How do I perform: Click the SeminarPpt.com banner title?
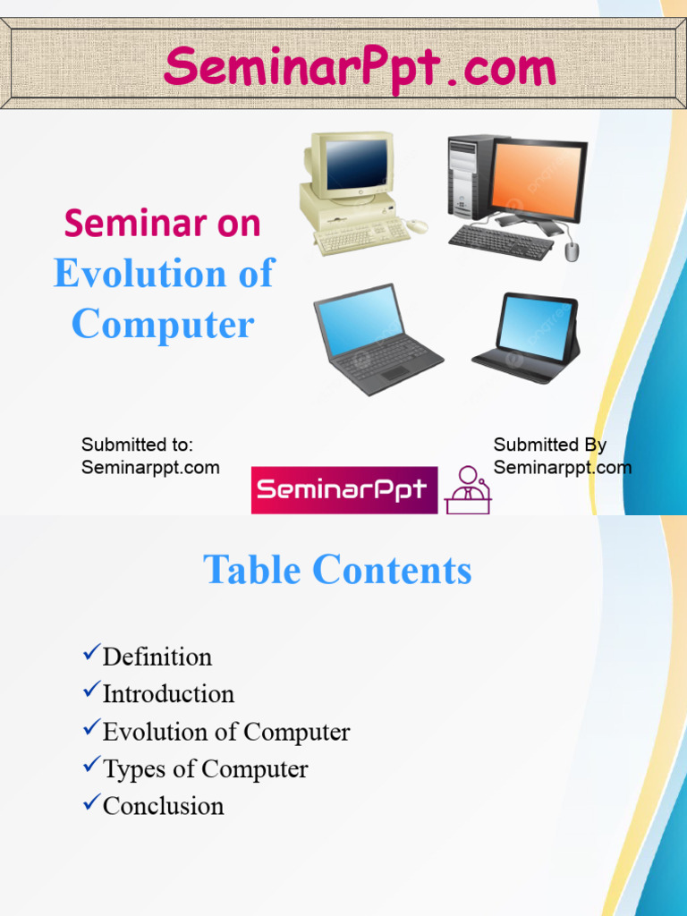point(360,68)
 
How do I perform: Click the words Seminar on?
point(162,223)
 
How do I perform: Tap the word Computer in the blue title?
point(163,324)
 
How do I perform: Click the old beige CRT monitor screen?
point(357,164)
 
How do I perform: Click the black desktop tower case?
point(466,176)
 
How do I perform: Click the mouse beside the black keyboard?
point(572,251)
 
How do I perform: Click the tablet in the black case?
point(530,335)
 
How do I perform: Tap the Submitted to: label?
point(137,445)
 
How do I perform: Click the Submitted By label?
point(550,445)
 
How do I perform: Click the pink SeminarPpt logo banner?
point(344,490)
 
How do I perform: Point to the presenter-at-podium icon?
point(468,490)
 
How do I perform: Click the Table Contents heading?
point(337,570)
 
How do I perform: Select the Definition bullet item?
point(157,657)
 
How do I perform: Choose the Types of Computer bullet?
point(205,769)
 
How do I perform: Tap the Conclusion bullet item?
point(163,806)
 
